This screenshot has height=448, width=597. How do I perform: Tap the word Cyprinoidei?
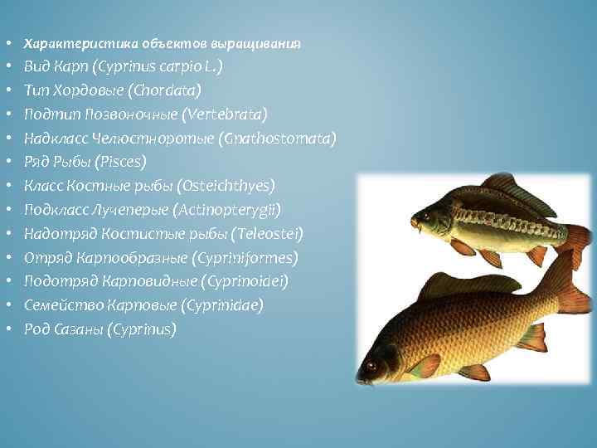(241, 282)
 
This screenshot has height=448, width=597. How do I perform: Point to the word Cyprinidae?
(218, 306)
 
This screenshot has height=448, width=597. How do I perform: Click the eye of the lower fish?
(371, 365)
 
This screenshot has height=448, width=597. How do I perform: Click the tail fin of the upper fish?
(575, 241)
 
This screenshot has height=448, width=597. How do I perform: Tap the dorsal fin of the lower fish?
(464, 284)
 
